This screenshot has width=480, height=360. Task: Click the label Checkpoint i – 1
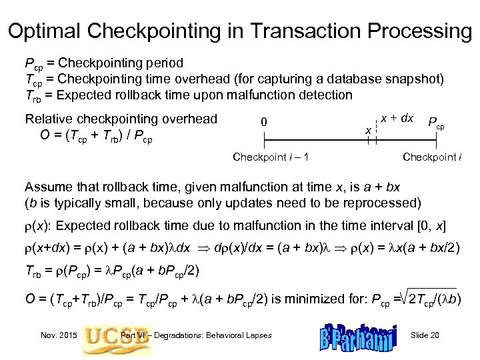269,157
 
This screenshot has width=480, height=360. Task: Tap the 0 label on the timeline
265,122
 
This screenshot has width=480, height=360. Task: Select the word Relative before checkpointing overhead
48,119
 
